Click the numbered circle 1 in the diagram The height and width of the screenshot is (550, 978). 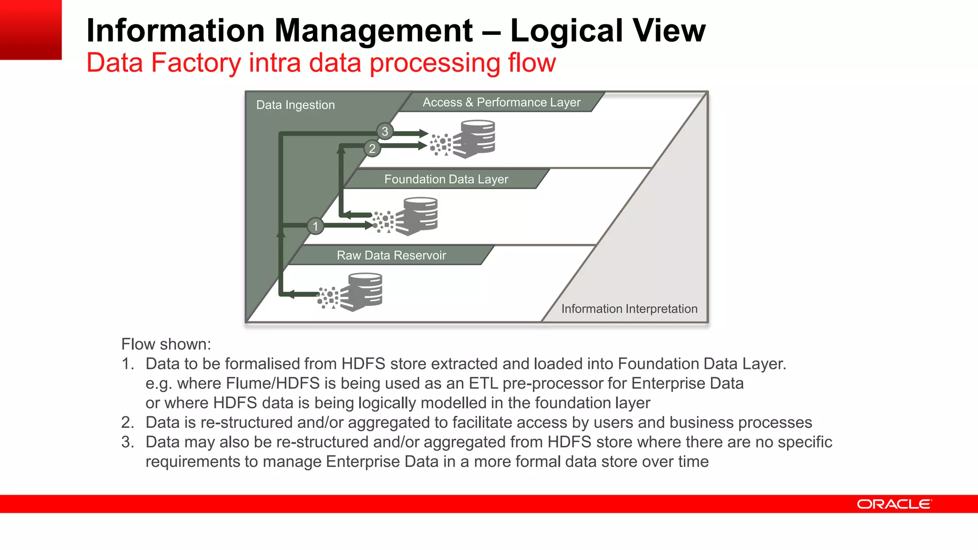point(315,226)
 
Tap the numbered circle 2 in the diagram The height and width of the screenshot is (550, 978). point(372,148)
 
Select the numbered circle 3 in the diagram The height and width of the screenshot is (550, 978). point(385,131)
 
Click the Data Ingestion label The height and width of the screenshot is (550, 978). point(295,105)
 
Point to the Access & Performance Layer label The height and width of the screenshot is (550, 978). point(501,102)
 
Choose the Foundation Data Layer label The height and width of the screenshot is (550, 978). point(446,179)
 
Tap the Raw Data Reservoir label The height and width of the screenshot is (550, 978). point(391,255)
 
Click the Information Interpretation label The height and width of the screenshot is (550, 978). point(629,309)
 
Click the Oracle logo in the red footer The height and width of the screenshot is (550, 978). point(894,504)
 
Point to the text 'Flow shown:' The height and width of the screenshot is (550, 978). point(166,344)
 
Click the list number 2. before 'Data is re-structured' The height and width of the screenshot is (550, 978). point(128,423)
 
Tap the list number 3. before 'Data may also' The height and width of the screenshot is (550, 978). point(128,442)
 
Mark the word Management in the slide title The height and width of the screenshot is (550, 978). point(373,31)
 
